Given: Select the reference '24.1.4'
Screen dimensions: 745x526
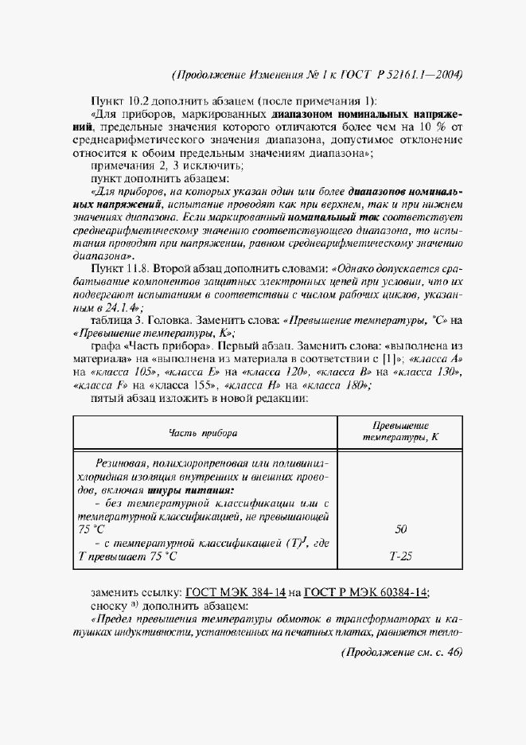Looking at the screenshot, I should [119, 306].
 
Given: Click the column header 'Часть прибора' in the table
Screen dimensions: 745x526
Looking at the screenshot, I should [203, 432].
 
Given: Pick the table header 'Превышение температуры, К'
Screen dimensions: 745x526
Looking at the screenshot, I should [401, 431].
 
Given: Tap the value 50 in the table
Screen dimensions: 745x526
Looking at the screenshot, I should [401, 529].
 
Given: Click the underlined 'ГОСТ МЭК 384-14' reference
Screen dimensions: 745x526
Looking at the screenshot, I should [235, 591].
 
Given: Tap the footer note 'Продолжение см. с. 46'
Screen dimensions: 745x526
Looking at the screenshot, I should [401, 652].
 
